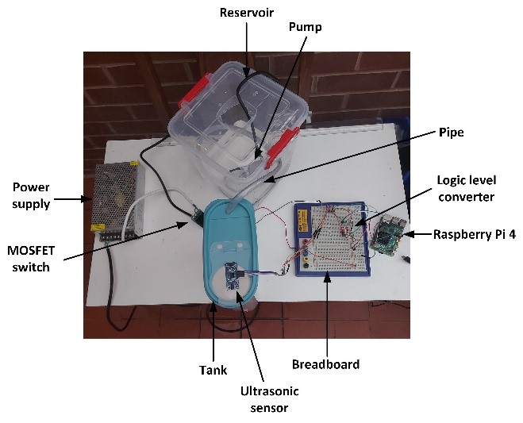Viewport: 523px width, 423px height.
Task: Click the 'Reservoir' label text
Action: click(x=245, y=13)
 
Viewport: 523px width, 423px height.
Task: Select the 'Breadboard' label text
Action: click(x=325, y=364)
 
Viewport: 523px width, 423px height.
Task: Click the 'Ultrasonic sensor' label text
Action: click(x=264, y=400)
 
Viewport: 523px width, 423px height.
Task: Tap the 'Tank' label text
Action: click(x=213, y=370)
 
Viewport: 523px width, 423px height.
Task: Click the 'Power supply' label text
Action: click(x=31, y=195)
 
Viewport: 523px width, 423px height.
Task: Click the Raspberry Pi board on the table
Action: click(x=388, y=235)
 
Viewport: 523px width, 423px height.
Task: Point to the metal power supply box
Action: click(x=117, y=201)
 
